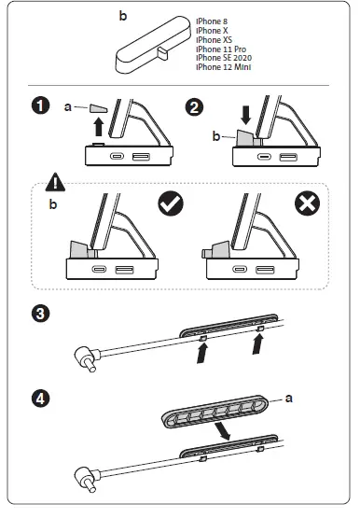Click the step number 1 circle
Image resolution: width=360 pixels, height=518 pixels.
(41, 105)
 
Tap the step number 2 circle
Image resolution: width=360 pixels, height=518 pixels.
(194, 107)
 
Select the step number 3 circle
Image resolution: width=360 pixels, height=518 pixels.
(41, 314)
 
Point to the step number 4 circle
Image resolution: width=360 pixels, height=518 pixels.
(41, 399)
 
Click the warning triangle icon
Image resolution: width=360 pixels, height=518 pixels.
(55, 182)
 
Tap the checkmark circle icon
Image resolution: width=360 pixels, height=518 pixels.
(171, 203)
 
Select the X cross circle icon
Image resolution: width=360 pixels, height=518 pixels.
(307, 203)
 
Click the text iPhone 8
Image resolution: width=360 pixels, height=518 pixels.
(212, 21)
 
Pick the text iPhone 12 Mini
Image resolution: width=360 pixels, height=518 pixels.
(224, 67)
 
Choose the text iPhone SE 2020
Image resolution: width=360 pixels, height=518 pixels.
(224, 58)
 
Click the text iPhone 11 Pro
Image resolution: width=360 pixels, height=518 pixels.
(221, 49)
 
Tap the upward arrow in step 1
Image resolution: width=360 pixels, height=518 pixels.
(98, 127)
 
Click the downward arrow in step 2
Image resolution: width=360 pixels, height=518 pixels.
(246, 115)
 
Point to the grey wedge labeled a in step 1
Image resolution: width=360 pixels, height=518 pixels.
(98, 108)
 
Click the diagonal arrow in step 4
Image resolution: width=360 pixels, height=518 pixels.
(222, 430)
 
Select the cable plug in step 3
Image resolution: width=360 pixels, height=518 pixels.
(88, 357)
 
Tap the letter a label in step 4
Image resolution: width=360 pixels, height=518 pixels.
(289, 399)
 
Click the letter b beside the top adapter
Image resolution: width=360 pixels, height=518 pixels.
(123, 16)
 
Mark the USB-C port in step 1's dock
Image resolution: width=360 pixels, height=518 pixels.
(117, 156)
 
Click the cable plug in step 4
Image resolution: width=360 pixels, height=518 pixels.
(88, 478)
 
